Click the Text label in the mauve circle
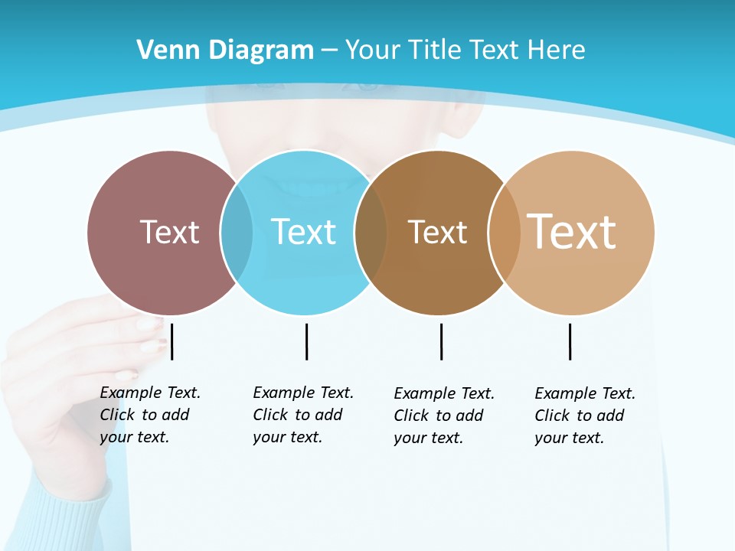click(x=169, y=232)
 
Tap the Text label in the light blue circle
click(x=303, y=232)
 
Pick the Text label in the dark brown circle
click(x=437, y=232)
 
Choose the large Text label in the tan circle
click(x=572, y=232)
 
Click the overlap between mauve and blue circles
click(x=237, y=232)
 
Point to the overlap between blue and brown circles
click(x=371, y=232)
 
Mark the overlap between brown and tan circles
click(x=505, y=232)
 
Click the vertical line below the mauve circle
click(x=172, y=341)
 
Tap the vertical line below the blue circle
click(x=306, y=341)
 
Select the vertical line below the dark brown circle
click(x=441, y=341)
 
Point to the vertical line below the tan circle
click(x=570, y=341)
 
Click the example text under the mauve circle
click(x=149, y=415)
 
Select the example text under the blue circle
click(x=302, y=415)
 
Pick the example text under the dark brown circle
click(x=443, y=416)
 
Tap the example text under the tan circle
click(x=584, y=416)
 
